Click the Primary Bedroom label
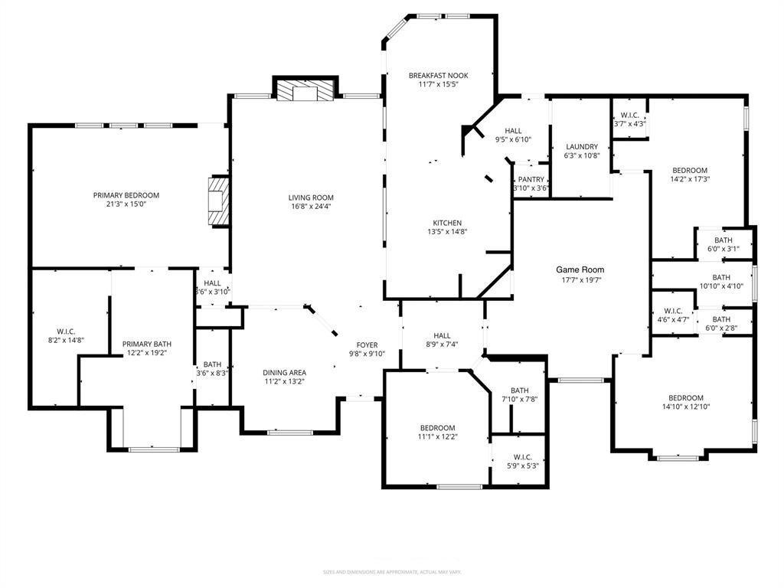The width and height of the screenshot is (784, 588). [126, 195]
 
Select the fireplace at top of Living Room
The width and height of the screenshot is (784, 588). [305, 91]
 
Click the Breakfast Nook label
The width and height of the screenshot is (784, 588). [438, 75]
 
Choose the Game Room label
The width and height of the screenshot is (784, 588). [580, 269]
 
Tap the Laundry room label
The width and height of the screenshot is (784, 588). [582, 146]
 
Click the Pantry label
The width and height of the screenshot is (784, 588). [531, 179]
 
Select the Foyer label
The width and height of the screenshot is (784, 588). [367, 345]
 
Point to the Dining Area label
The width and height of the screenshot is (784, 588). [285, 373]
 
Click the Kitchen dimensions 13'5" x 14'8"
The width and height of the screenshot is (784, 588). [447, 231]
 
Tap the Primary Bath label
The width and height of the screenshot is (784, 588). [145, 344]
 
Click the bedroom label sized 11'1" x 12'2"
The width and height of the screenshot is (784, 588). [437, 428]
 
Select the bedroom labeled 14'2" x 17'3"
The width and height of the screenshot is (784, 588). [690, 170]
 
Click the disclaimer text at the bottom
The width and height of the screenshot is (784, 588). [392, 572]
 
